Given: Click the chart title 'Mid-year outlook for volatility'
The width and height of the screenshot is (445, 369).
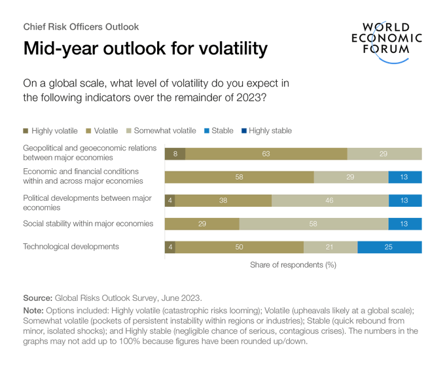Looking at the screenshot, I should [x=145, y=48].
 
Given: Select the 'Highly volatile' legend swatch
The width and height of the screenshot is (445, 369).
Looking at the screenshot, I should [x=26, y=131].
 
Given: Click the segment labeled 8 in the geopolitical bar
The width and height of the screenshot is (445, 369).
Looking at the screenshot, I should [x=175, y=154].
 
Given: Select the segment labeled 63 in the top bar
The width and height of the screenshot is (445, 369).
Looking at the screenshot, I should [x=266, y=154].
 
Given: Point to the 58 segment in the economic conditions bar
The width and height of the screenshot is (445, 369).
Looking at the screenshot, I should [x=239, y=177].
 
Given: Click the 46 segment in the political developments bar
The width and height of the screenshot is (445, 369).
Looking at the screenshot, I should [x=329, y=201].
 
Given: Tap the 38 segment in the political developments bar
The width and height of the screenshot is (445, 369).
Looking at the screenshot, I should [x=223, y=201].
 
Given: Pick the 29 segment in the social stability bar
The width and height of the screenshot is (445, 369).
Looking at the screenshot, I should [x=202, y=224].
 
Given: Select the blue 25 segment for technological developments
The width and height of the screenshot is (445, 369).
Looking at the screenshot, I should [x=389, y=247].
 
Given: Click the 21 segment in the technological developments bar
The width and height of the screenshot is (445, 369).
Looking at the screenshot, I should [x=330, y=247].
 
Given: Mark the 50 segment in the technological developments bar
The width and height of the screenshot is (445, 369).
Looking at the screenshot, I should [x=240, y=247].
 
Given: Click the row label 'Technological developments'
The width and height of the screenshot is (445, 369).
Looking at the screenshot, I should [x=71, y=247].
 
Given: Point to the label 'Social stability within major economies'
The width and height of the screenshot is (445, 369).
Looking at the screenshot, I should [x=88, y=224].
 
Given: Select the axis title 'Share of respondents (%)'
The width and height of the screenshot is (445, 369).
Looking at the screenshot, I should [x=293, y=265].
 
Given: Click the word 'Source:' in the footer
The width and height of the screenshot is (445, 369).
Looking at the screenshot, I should [x=38, y=297].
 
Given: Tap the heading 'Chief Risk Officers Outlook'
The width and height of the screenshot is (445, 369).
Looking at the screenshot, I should [x=81, y=27].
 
